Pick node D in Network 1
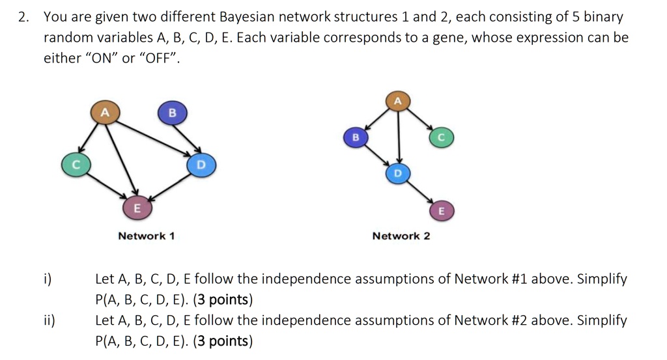pos(201,165)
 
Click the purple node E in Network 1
pos(136,208)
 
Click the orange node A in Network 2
pos(398,101)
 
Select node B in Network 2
pos(355,138)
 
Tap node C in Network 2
pos(440,138)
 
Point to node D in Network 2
pos(398,174)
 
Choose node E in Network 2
pos(441,211)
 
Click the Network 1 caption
pos(146,236)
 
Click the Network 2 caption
pos(401,236)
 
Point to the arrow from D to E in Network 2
pos(419,193)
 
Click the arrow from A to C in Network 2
pos(419,120)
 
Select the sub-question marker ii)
pos(50,320)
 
